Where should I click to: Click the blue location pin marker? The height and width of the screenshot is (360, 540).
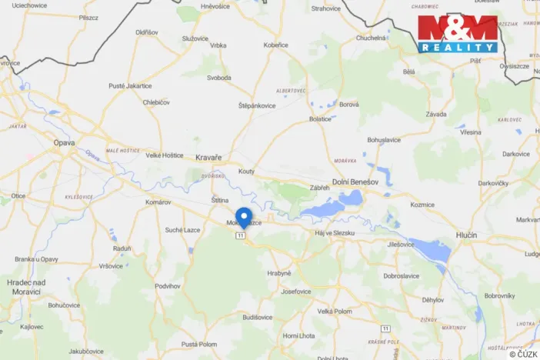244,216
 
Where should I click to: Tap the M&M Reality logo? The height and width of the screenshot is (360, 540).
458,33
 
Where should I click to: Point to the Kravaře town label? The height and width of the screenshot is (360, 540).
208,157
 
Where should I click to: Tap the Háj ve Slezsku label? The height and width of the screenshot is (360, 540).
336,232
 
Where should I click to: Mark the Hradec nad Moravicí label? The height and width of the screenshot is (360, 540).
27,287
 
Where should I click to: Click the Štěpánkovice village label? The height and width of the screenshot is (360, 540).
257,105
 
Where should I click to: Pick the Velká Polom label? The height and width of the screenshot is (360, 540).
335,311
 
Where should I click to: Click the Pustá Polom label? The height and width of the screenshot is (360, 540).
200,344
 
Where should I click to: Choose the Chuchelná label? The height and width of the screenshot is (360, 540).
371,38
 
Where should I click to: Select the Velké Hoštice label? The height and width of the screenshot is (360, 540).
165,155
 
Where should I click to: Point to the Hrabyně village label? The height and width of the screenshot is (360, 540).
279,273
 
